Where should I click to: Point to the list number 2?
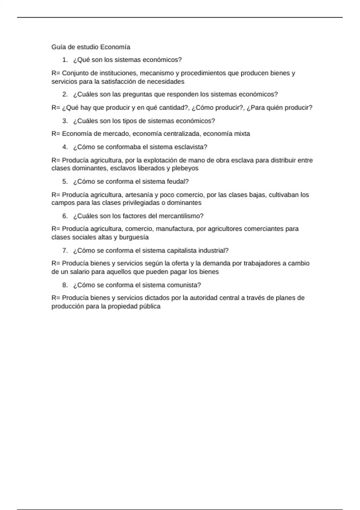[65, 94]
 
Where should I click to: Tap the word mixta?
[242, 134]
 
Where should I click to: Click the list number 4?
[65, 147]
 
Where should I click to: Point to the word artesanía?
[139, 195]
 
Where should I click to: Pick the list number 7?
[65, 251]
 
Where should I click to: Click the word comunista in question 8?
[184, 285]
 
